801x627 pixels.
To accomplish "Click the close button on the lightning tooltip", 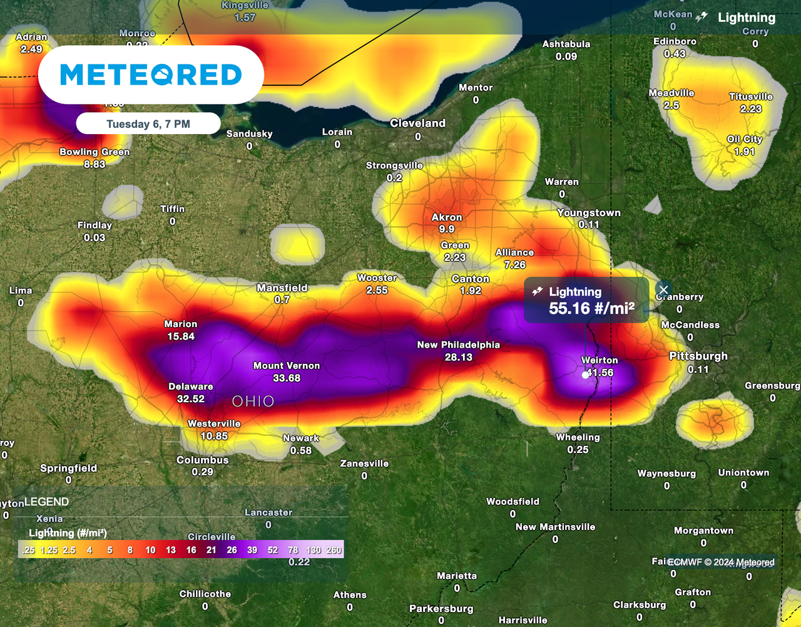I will point(663,290).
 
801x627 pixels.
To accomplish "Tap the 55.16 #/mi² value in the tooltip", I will point(591,308).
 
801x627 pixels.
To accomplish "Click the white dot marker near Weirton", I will point(585,375).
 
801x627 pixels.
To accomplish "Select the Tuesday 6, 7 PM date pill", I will point(148,123).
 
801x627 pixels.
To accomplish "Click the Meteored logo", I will point(151,75).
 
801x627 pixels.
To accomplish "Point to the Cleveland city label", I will point(417,123).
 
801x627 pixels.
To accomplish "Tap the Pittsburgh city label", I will point(698,356).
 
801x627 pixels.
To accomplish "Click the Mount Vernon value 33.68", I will point(287,378).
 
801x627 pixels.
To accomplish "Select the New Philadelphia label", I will point(459,345).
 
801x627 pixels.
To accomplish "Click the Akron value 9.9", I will point(447,229).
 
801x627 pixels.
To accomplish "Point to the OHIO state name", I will point(253,401).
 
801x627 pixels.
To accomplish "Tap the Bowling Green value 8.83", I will point(94,164).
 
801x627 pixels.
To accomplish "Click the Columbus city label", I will point(202,460).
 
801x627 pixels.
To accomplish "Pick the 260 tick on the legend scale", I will point(334,550).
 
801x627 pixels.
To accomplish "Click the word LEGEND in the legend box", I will point(47,502).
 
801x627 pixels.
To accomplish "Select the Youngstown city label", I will point(589,213).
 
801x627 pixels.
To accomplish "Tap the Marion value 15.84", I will point(181,336).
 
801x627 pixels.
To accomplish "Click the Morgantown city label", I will point(703,531).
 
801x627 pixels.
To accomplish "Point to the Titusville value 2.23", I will point(751,109).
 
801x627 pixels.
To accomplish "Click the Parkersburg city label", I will point(441,609).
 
